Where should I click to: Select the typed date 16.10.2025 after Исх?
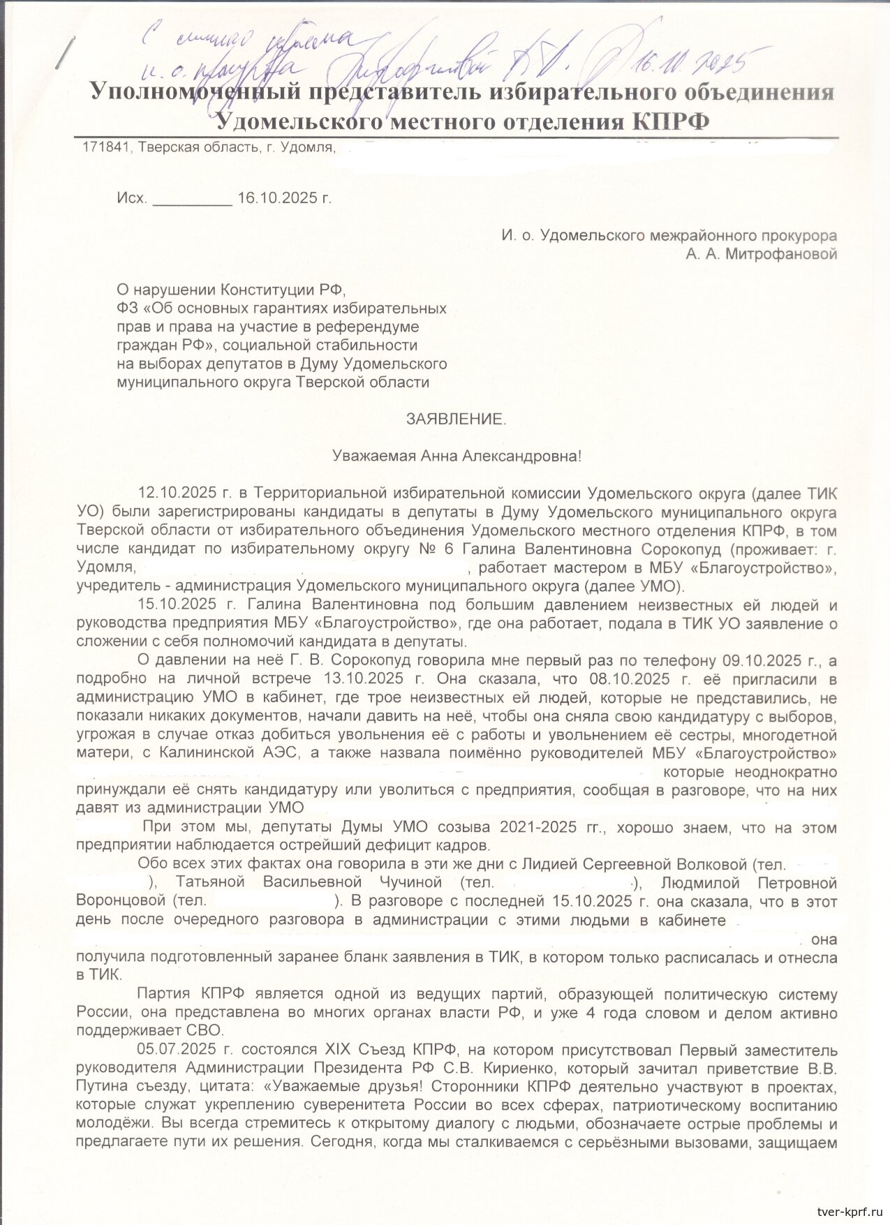pyautogui.click(x=278, y=198)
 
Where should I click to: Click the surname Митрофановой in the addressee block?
pyautogui.click(x=782, y=254)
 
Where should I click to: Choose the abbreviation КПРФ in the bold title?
pyautogui.click(x=671, y=121)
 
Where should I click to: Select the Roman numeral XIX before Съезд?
pyautogui.click(x=340, y=1049)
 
